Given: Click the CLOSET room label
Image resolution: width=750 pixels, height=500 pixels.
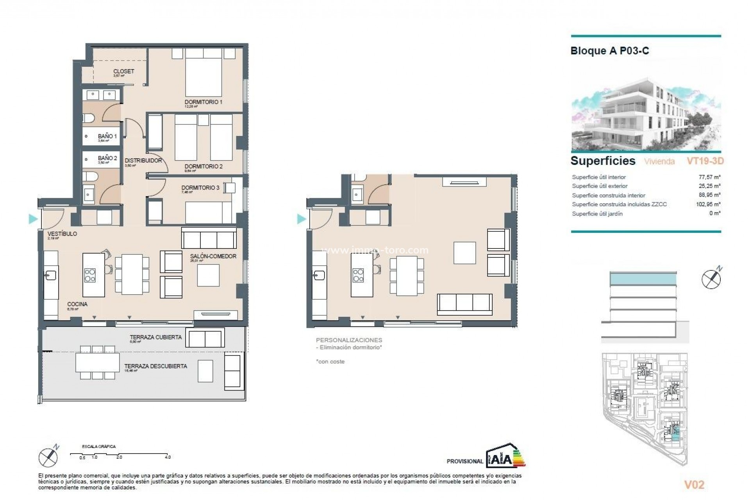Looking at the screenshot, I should point(123,71).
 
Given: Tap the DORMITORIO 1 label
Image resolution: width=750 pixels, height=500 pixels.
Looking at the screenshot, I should point(203,102).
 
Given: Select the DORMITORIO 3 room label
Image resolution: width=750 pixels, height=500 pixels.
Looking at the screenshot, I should point(200,187).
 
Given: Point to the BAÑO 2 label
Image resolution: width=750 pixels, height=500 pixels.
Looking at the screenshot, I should point(107,158).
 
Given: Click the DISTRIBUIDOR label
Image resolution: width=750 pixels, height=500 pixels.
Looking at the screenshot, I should point(143,161).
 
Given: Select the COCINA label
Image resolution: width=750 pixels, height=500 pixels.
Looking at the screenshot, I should point(77,304).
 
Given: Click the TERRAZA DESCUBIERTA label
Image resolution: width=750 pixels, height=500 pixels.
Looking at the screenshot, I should point(155,366).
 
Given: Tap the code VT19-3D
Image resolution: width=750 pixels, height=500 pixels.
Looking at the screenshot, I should point(705,161).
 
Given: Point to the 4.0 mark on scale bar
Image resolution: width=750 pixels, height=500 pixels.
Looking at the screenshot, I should point(168,457).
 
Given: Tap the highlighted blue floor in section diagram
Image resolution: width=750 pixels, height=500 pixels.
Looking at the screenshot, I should point(643,279).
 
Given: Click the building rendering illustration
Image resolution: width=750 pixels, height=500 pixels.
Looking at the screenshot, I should point(646,113).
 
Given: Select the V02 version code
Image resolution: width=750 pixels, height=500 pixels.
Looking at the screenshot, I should point(694,485).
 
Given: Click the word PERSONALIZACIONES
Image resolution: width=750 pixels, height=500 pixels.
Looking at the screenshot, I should point(349,340).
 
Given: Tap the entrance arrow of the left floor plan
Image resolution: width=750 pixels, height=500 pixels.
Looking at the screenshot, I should point(33,219).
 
